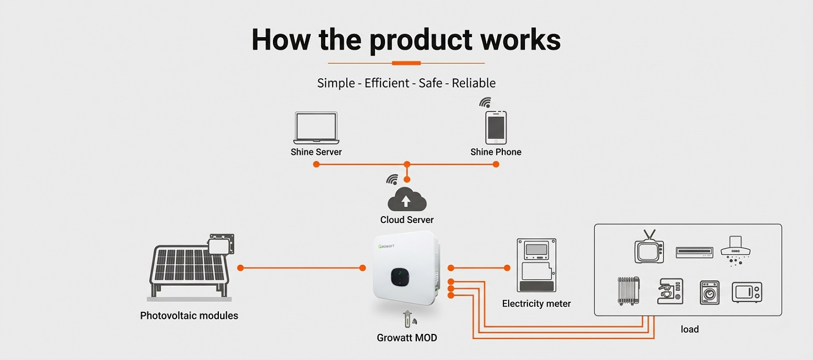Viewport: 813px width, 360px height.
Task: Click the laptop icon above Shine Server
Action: point(316,128)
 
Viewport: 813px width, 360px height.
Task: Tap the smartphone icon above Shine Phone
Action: point(496,127)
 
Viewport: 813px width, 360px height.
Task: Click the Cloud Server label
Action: point(407,220)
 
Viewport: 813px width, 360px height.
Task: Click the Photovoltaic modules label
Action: point(189,316)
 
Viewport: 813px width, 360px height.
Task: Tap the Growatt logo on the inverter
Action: point(391,246)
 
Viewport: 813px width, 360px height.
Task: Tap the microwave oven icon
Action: point(747,292)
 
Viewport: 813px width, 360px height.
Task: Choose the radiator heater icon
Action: point(628,290)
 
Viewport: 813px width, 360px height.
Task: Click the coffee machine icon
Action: point(670,291)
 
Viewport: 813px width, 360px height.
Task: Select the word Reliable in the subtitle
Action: point(474,83)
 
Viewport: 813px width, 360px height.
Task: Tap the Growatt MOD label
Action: point(407,337)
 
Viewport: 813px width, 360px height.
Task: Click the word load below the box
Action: point(690,329)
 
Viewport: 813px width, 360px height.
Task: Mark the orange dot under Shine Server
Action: point(316,164)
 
